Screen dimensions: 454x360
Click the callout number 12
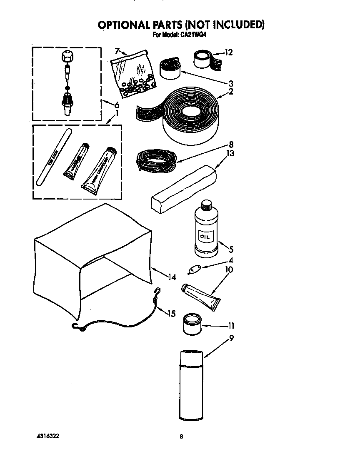tap(228, 52)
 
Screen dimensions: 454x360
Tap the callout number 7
tap(117, 51)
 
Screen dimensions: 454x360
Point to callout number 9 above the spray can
tap(231, 338)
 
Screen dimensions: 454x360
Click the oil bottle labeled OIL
tap(206, 233)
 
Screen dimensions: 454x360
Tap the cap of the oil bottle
tap(206, 205)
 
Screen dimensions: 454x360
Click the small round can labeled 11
tap(192, 324)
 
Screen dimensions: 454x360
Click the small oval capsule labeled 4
tap(195, 269)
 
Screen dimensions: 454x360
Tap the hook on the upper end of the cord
tap(157, 292)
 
